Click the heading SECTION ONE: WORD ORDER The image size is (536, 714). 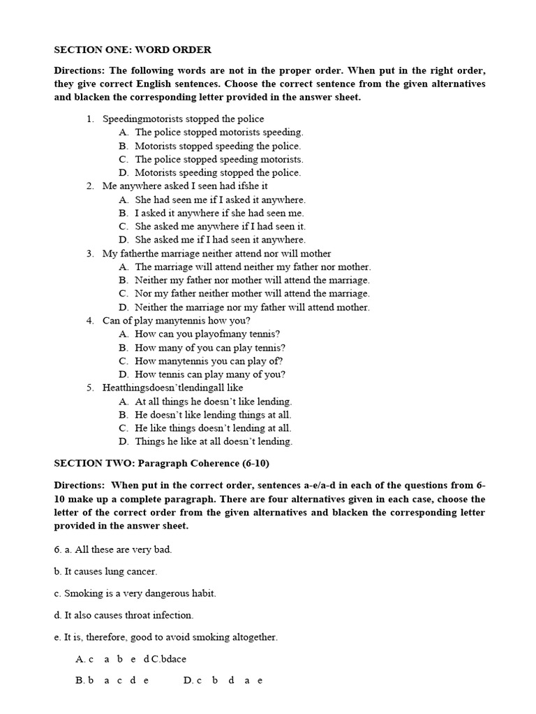(133, 50)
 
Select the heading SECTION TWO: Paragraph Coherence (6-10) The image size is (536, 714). (161, 463)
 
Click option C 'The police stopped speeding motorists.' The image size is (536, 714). (218, 159)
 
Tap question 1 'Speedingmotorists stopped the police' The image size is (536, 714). (183, 119)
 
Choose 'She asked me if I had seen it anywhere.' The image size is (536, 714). (220, 240)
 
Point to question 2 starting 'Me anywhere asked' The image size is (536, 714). (185, 186)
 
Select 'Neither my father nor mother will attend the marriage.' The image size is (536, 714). (252, 280)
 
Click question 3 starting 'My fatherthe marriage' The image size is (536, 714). (216, 253)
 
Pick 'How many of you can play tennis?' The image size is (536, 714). (210, 347)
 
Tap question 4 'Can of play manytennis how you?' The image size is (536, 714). (176, 321)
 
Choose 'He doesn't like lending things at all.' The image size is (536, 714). (213, 415)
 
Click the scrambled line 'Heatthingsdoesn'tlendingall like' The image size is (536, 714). (172, 388)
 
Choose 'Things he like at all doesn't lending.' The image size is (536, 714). (214, 441)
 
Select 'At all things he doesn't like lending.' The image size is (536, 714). (213, 402)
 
